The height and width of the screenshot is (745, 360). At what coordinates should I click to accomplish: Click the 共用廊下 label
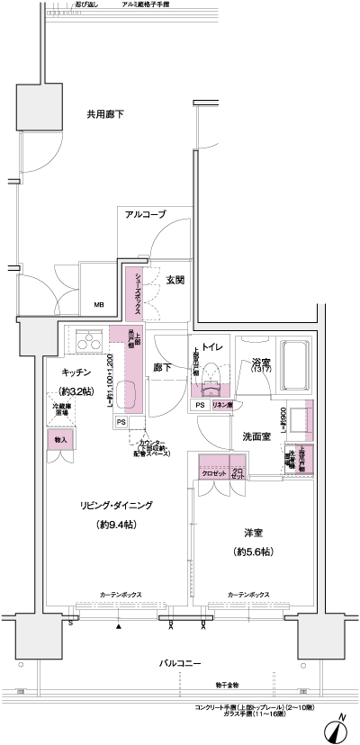tap(105, 114)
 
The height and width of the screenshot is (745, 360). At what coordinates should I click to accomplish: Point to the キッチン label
tap(81, 371)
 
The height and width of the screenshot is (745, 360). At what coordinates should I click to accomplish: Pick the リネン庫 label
tap(223, 406)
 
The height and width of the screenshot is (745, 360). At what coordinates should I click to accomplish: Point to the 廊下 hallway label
tap(162, 368)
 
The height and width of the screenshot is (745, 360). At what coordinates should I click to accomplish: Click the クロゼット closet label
tap(212, 471)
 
